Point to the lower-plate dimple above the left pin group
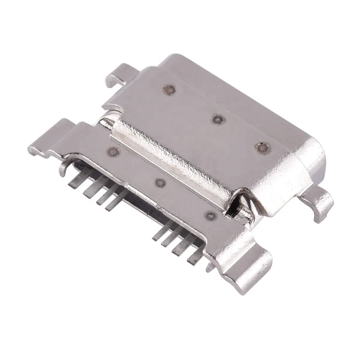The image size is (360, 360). pos(113,151)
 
